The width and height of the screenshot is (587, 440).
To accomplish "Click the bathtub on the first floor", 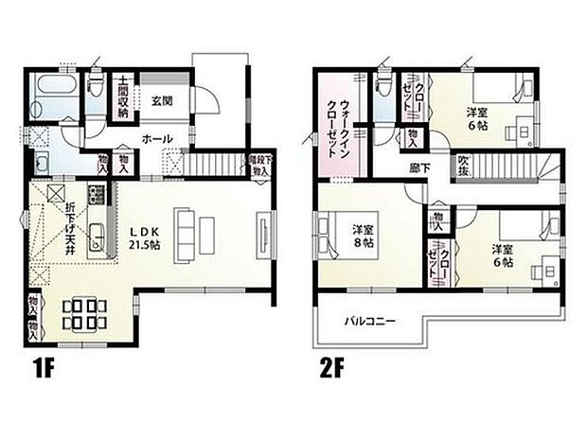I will (x=52, y=96).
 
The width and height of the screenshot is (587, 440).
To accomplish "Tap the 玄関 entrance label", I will (x=159, y=101).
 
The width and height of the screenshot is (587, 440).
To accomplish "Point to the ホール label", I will (x=156, y=139).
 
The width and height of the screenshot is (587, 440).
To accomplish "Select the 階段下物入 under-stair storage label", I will (x=259, y=165).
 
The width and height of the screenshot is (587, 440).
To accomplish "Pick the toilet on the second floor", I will (x=382, y=90).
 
